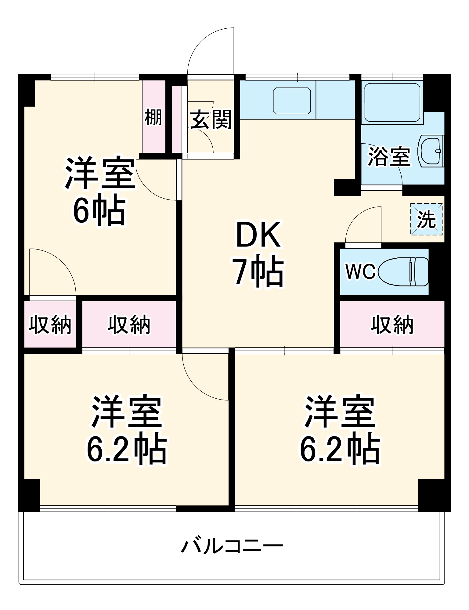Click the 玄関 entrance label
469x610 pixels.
tap(211, 120)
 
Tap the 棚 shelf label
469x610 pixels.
tap(153, 117)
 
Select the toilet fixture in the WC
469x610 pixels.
tap(403, 271)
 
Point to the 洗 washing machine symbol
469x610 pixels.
tap(426, 219)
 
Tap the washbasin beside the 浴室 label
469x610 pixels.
tap(431, 151)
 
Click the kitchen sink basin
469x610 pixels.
tap(292, 101)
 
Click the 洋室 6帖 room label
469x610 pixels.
tap(99, 191)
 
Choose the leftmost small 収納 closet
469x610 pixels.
tap(50, 325)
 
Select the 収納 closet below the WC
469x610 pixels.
tap(392, 325)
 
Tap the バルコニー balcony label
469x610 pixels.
tap(232, 546)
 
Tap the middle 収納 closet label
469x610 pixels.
tap(129, 325)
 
